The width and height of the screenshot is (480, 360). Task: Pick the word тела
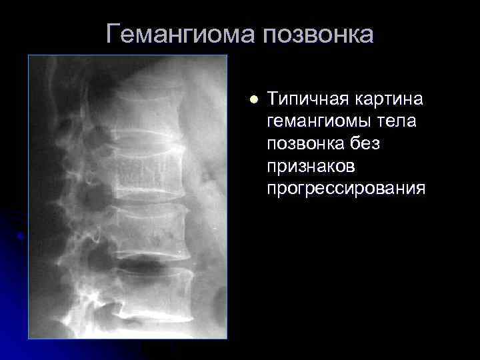click(399, 122)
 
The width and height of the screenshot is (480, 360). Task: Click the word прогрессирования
click(345, 189)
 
